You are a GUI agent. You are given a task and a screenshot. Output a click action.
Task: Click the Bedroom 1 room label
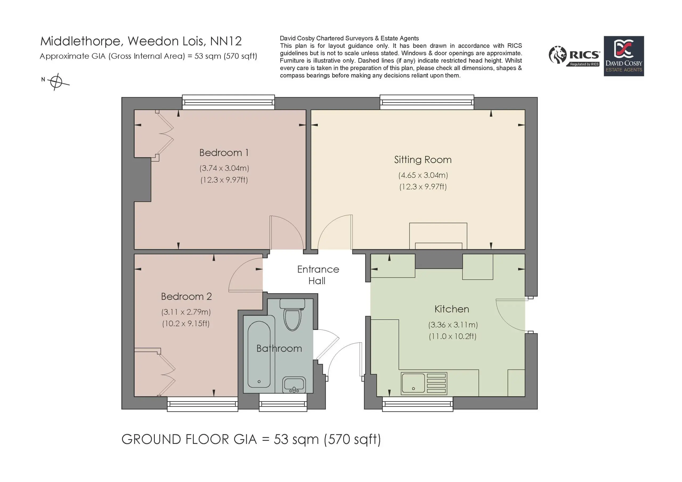pyautogui.click(x=224, y=153)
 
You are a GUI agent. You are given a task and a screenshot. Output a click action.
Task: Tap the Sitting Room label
pyautogui.click(x=423, y=160)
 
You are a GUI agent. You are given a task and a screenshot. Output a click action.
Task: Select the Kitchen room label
pyautogui.click(x=452, y=309)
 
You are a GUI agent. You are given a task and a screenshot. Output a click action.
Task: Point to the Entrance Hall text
pyautogui.click(x=318, y=275)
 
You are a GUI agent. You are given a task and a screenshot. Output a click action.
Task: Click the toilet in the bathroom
pyautogui.click(x=293, y=314)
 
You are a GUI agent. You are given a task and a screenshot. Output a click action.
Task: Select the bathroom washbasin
pyautogui.click(x=294, y=385)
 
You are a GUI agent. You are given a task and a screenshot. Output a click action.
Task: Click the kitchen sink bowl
pyautogui.click(x=413, y=383)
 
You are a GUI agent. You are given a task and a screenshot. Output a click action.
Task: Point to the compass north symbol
pyautogui.click(x=56, y=81)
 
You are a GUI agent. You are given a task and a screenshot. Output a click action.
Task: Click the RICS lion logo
pyautogui.click(x=558, y=55)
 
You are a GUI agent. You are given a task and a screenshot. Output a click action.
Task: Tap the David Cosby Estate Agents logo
pyautogui.click(x=624, y=56)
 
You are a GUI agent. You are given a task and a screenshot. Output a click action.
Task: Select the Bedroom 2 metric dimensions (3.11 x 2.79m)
pyautogui.click(x=186, y=312)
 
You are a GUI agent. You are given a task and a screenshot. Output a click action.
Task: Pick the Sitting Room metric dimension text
pyautogui.click(x=423, y=175)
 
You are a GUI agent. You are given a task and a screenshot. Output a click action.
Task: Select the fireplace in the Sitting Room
pyautogui.click(x=438, y=236)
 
